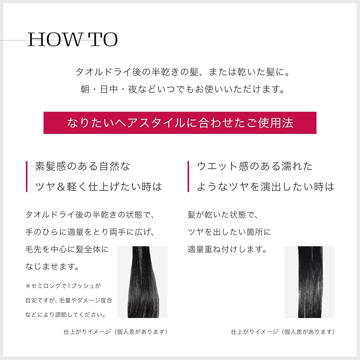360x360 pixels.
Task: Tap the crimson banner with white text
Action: click(180, 123)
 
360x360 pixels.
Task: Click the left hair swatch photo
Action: click(142, 282)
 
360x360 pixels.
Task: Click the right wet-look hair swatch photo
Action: click(310, 282)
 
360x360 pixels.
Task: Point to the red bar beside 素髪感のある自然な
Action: click(27, 176)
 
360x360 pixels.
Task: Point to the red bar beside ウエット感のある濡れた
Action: click(188, 176)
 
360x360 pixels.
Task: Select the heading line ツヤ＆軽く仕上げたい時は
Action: click(99, 186)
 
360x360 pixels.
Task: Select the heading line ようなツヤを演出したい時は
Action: click(266, 186)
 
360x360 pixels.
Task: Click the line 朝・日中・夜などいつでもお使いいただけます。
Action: click(183, 89)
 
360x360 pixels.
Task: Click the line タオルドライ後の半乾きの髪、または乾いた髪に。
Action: click(183, 72)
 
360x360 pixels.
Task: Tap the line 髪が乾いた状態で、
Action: click(223, 215)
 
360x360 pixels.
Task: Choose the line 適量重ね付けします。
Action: click(227, 249)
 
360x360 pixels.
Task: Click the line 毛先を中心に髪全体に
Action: click(67, 249)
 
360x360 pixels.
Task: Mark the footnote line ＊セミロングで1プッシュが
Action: click(63, 286)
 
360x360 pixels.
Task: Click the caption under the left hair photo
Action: click(116, 332)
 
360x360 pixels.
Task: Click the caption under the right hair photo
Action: click(283, 332)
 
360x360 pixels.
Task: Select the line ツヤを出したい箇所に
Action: click(230, 232)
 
